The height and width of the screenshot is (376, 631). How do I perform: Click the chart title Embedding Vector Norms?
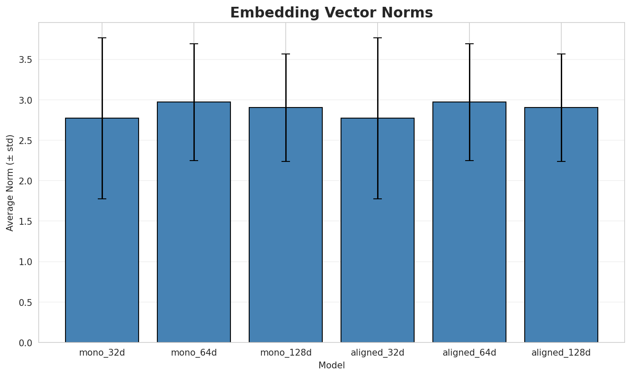[331, 13]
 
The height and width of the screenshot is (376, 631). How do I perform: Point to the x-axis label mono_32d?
[102, 353]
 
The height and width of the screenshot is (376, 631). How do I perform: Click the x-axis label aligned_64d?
[469, 353]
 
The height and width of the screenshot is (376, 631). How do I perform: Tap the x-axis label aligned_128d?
[561, 353]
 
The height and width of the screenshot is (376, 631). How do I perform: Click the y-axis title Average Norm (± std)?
[10, 183]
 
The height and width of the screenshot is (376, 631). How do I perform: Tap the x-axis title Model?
[331, 365]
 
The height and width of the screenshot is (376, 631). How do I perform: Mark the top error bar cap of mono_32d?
[102, 38]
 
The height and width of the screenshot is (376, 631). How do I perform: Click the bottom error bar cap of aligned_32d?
[378, 199]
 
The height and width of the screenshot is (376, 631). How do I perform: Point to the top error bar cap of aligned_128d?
[561, 54]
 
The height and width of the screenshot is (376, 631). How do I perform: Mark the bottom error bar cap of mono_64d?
[194, 161]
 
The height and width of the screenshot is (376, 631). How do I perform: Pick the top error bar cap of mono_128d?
[286, 54]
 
